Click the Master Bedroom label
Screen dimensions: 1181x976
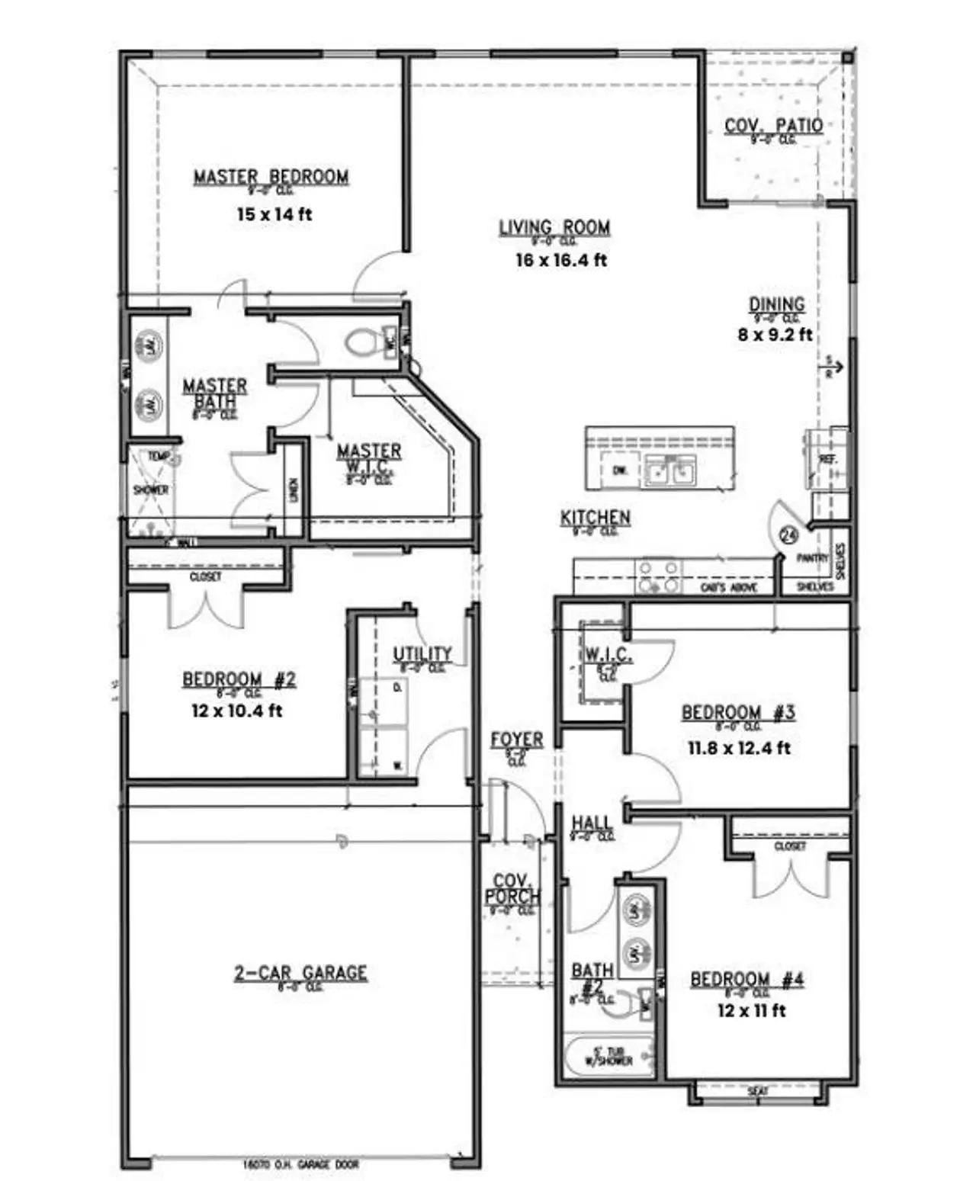(x=271, y=177)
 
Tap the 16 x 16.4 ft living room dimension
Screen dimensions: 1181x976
(x=561, y=260)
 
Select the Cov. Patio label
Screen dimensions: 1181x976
(x=773, y=126)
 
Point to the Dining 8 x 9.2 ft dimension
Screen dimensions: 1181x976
(x=775, y=335)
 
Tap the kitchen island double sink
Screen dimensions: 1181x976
(x=670, y=470)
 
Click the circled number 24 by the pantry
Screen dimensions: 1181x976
(x=788, y=535)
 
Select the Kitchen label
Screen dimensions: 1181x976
(x=596, y=518)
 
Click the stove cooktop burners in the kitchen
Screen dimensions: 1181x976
(x=659, y=577)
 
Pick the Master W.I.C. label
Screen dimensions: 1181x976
(x=369, y=457)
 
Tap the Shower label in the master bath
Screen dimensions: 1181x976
(x=150, y=489)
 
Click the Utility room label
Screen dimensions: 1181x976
(x=422, y=654)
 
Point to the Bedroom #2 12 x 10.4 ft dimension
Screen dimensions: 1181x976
(x=236, y=711)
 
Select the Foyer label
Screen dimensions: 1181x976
(x=517, y=740)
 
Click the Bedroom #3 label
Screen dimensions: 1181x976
(x=738, y=713)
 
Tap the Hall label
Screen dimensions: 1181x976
(x=592, y=823)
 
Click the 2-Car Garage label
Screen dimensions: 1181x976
(x=300, y=973)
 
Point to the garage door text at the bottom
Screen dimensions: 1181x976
(x=300, y=1164)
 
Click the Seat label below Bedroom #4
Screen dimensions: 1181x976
(x=758, y=1092)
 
